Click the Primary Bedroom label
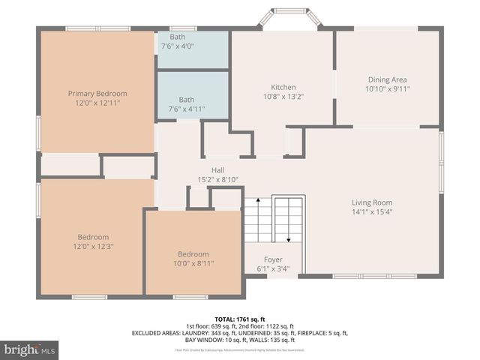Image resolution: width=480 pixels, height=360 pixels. [97, 94]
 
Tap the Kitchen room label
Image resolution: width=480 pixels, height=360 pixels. [283, 87]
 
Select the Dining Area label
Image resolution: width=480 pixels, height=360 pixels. [388, 79]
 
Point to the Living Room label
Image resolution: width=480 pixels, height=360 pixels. [372, 202]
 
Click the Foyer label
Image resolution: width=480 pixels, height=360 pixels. [273, 259]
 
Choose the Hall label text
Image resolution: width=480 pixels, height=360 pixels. [217, 170]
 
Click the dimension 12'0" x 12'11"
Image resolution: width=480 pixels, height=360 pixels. [97, 103]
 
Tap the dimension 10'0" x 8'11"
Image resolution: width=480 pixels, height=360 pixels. [193, 263]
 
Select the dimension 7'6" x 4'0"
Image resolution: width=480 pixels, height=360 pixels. [178, 46]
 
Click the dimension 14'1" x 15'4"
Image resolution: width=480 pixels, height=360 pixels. [372, 211]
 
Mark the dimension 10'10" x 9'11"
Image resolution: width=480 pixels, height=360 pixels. [388, 88]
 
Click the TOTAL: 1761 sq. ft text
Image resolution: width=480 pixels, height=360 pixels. [240, 319]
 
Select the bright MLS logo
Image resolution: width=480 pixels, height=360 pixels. [30, 349]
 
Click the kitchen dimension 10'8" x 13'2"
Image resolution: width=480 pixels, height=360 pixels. [283, 96]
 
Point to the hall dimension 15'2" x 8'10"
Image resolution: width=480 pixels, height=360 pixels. [217, 179]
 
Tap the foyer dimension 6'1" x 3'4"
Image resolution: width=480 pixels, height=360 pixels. [273, 268]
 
